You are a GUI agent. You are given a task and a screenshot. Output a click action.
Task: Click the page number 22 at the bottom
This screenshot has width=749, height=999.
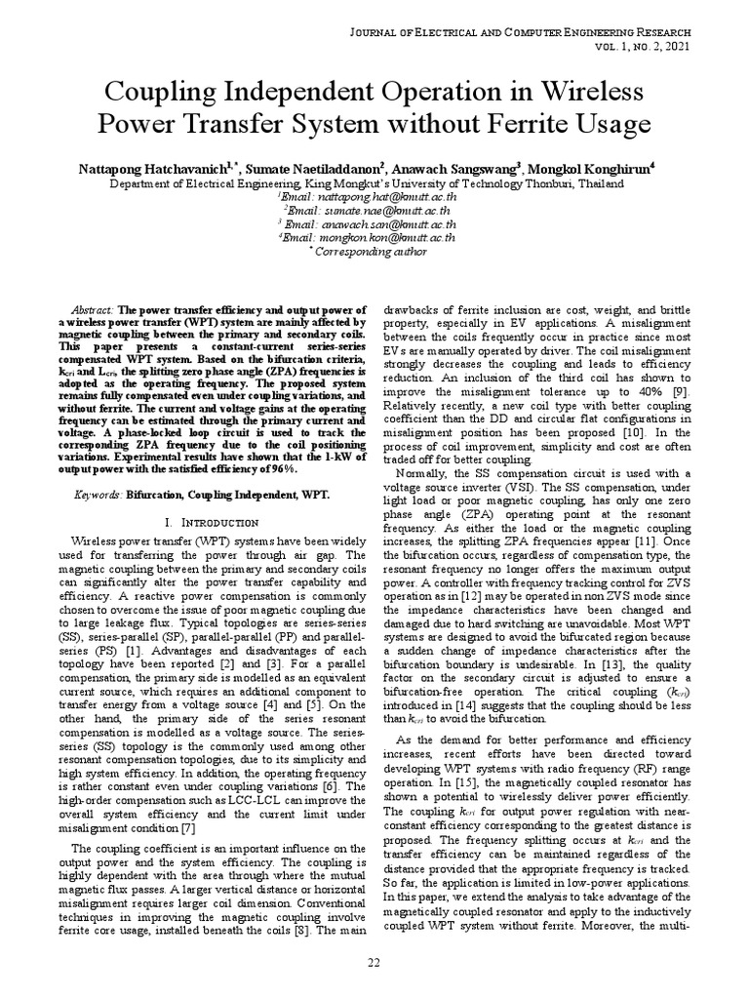coord(374,964)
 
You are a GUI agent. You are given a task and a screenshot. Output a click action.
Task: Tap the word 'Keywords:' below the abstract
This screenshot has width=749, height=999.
coord(98,496)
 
